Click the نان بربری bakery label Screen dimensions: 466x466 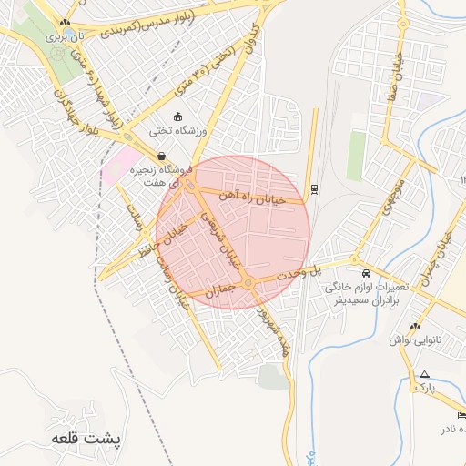66,35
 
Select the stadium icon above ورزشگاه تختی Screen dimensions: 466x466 177,116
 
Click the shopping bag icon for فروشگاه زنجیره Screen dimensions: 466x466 161,156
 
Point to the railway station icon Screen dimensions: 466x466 314,188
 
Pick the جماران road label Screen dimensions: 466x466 221,291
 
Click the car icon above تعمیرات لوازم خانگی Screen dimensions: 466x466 366,272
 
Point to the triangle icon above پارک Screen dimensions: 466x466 423,373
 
